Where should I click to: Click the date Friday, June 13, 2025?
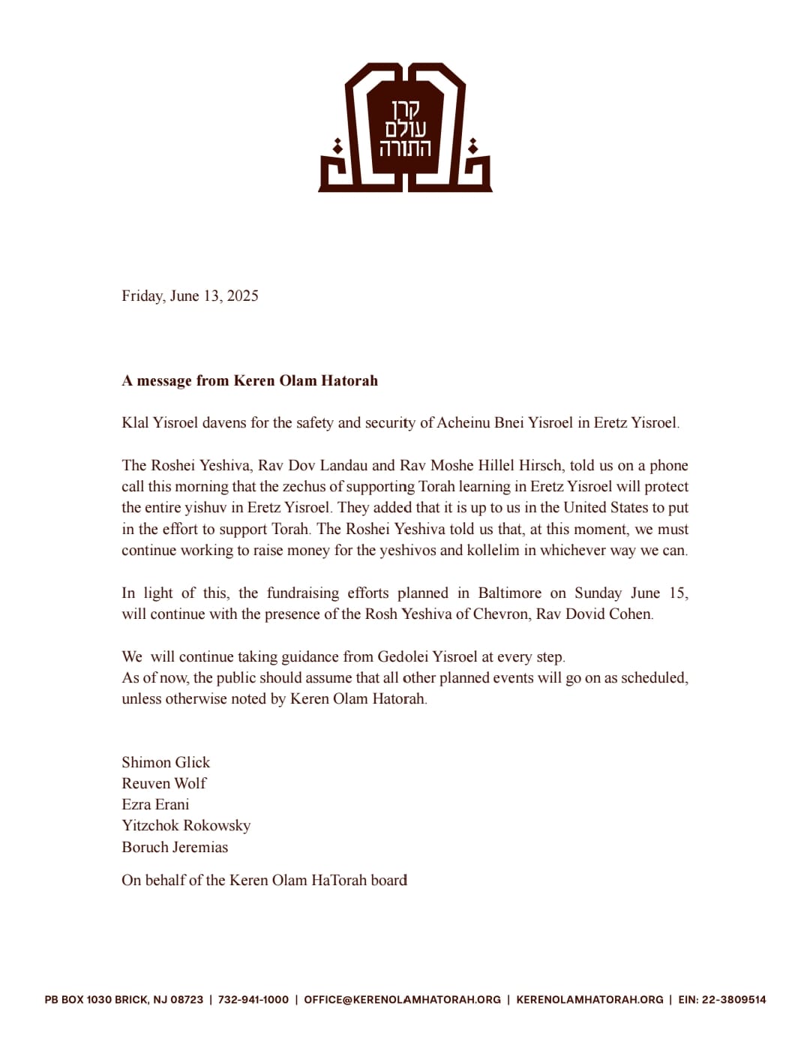coord(190,296)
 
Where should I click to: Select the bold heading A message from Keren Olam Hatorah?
coord(250,380)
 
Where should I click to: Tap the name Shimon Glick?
coord(166,762)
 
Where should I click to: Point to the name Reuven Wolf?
coord(163,783)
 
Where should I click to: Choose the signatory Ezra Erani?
coord(155,804)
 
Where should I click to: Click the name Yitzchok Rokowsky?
coord(186,825)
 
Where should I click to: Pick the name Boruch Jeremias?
coord(175,847)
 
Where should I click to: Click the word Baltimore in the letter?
coord(509,593)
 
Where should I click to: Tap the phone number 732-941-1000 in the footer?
coord(253,999)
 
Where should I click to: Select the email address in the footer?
coord(402,999)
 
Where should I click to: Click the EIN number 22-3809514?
coord(733,999)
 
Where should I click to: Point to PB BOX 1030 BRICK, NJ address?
coord(124,999)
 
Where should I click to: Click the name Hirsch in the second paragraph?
coord(540,465)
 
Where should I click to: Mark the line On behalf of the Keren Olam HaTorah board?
coord(264,880)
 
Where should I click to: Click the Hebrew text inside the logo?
coord(405,129)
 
